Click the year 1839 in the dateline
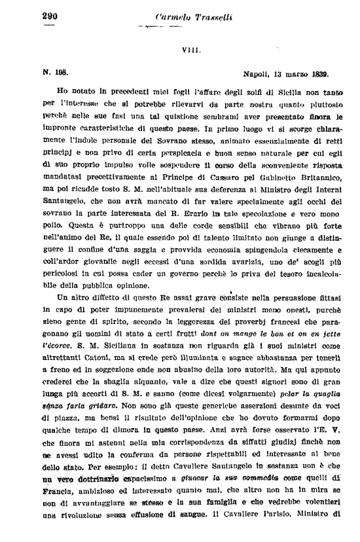coord(317,75)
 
